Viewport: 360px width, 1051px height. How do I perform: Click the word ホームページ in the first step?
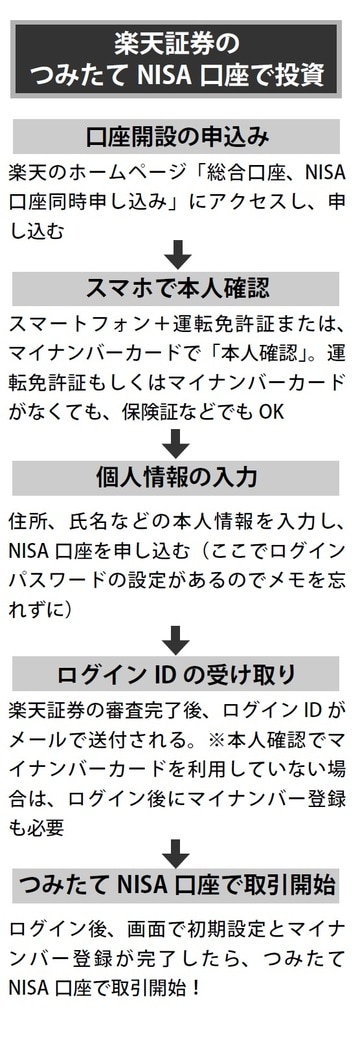[x=111, y=172]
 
